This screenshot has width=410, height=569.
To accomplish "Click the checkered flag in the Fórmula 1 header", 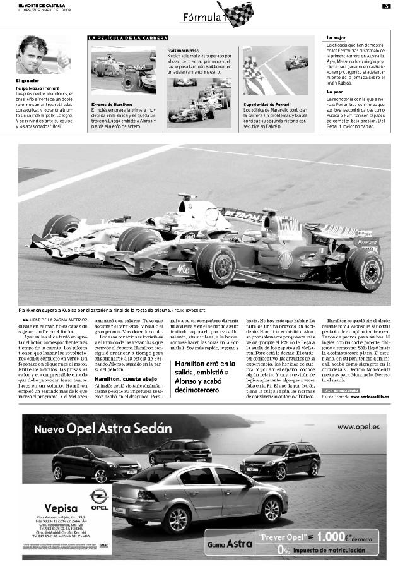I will (x=239, y=13).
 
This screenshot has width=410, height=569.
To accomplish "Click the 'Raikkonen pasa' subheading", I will (x=184, y=49).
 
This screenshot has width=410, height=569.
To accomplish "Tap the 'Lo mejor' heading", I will (x=336, y=38).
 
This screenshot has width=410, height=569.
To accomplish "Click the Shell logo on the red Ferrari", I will (x=285, y=257).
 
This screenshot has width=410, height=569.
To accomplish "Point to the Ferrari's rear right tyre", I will (x=364, y=270).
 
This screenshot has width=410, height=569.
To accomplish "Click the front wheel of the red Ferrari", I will (x=216, y=266).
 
